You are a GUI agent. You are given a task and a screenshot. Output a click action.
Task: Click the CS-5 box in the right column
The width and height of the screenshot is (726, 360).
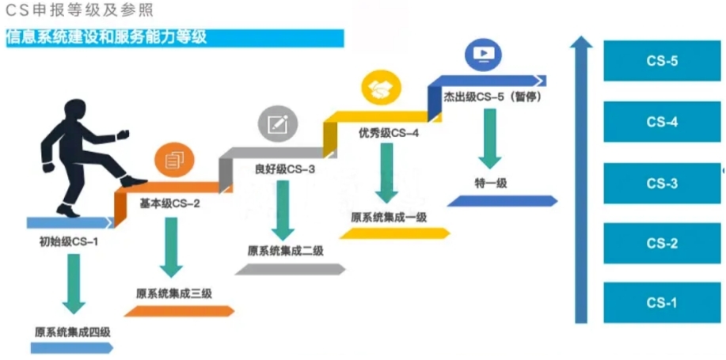[662, 61]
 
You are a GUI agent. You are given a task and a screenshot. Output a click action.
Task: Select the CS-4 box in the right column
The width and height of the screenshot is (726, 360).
[662, 122]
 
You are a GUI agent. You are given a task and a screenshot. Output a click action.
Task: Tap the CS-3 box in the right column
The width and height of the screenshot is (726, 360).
[662, 184]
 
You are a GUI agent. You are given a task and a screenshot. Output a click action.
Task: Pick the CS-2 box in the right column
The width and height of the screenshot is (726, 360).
[662, 243]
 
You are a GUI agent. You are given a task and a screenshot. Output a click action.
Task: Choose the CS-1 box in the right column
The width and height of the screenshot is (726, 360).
[662, 302]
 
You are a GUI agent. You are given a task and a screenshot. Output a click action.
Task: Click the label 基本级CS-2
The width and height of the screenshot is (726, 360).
[169, 203]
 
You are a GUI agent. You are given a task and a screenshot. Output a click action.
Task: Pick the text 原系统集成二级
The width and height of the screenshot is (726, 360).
[286, 251]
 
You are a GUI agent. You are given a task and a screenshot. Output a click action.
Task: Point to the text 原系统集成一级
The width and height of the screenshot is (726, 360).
[389, 217]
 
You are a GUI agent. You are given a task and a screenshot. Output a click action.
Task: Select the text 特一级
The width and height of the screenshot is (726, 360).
[491, 183]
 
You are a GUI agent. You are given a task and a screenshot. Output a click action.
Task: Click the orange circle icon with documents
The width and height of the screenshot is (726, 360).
[172, 161]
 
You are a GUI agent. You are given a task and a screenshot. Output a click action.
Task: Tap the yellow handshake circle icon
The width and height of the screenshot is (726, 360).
[382, 88]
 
